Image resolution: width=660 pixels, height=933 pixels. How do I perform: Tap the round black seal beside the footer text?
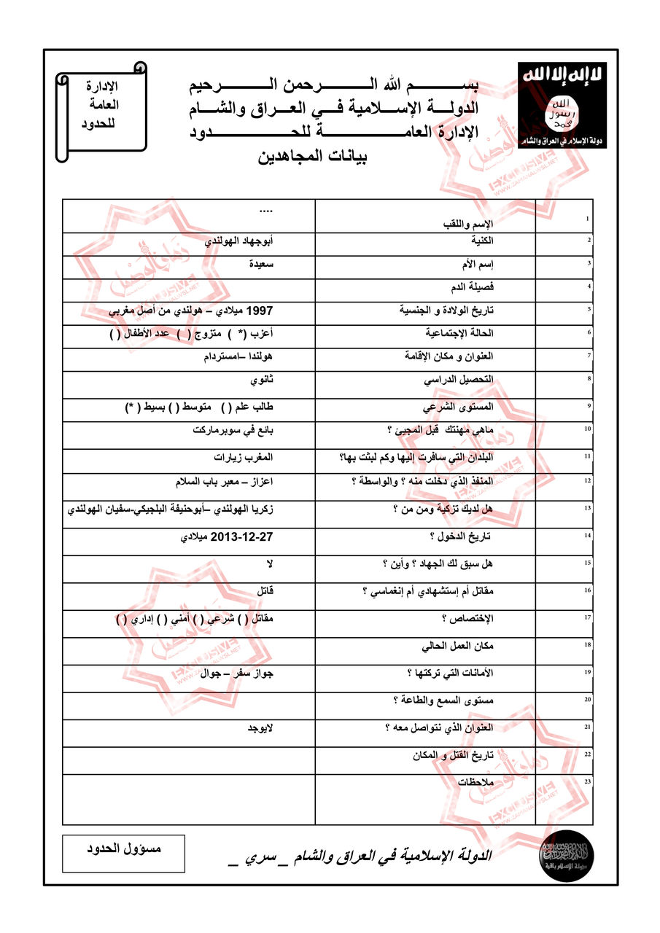click(566, 853)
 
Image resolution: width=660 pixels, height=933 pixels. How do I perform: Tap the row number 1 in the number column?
click(588, 219)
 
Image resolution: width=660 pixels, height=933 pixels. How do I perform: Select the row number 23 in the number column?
click(587, 781)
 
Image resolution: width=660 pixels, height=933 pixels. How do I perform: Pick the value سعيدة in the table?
click(259, 264)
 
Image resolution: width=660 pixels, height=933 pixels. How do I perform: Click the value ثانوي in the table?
click(261, 380)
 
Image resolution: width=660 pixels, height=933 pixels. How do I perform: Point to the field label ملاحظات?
click(475, 781)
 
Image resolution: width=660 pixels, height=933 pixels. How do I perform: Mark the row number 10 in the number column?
click(587, 429)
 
